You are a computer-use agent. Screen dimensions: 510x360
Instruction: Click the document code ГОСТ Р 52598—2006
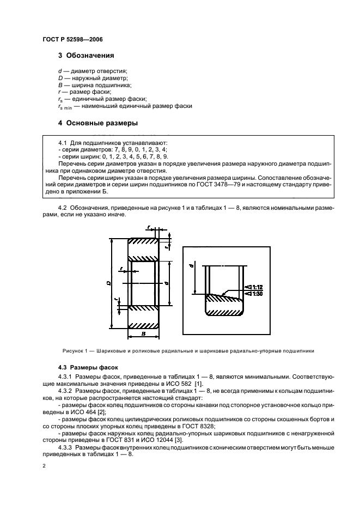[x=72, y=40]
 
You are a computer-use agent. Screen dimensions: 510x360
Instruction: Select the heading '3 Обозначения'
[x=86, y=56]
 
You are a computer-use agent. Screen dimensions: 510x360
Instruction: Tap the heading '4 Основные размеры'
[x=98, y=123]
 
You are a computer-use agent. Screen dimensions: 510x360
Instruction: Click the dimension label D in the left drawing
[x=109, y=283]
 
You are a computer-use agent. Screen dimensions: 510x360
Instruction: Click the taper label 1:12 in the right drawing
[x=256, y=287]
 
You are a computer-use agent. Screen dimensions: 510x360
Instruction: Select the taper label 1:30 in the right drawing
[x=256, y=294]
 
